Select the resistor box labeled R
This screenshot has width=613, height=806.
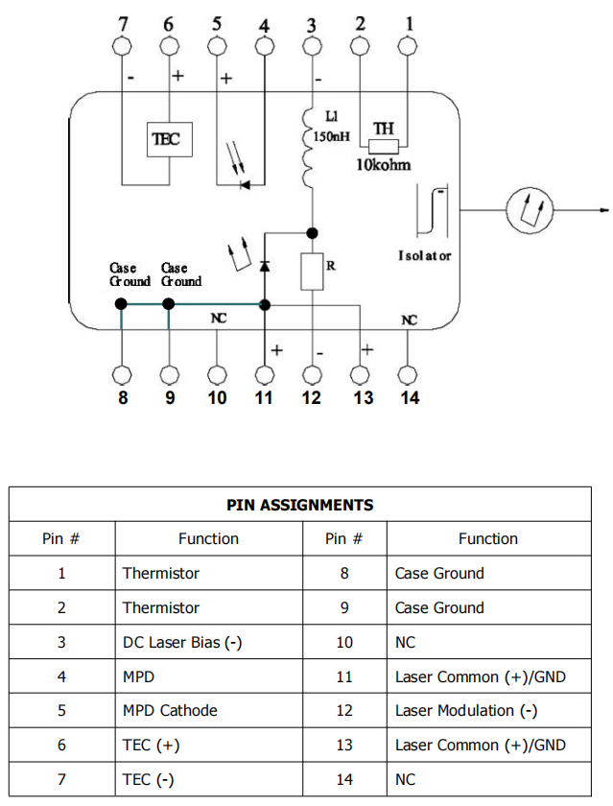tap(313, 272)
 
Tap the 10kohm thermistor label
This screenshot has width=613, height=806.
tap(382, 165)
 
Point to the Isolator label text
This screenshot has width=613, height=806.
tap(424, 256)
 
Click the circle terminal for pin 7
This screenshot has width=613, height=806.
tap(123, 46)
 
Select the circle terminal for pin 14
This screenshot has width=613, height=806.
tap(409, 374)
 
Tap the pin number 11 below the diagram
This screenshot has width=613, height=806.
tap(264, 397)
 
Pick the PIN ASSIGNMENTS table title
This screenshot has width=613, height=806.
tap(300, 505)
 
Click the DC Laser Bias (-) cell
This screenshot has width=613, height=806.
tap(181, 642)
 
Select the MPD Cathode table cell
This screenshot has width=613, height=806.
tap(170, 710)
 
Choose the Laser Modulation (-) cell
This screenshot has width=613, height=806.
tap(465, 710)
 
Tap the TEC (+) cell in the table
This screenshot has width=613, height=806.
tap(151, 745)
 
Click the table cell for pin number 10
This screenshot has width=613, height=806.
tap(344, 642)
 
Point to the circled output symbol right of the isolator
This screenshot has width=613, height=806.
tap(530, 209)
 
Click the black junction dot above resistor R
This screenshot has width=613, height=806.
tap(313, 232)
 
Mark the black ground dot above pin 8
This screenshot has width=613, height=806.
tap(122, 303)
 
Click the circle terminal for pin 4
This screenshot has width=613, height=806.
tap(265, 46)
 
